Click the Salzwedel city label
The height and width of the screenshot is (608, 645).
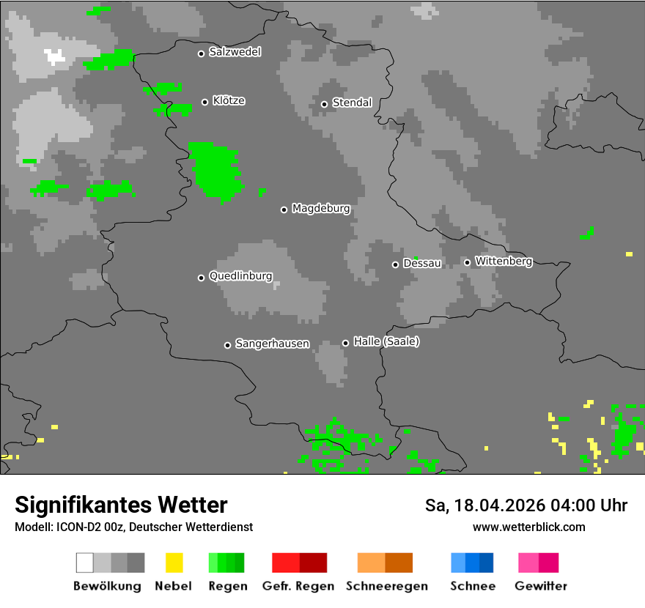click(235, 52)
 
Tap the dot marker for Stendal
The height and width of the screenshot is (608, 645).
click(324, 104)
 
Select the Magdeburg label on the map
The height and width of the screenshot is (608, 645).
click(320, 209)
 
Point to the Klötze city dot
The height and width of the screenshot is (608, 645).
click(204, 102)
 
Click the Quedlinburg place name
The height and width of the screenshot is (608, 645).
click(240, 276)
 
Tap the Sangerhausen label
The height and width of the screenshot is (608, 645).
click(272, 344)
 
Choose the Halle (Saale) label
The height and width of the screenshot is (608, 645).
click(386, 341)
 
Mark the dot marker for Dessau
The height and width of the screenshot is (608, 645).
click(395, 264)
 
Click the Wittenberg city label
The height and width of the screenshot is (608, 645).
click(504, 261)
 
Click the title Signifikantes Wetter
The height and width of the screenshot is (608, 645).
click(121, 505)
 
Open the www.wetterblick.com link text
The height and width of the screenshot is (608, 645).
click(528, 527)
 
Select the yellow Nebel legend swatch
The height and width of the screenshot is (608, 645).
click(174, 563)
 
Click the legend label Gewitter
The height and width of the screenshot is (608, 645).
click(541, 586)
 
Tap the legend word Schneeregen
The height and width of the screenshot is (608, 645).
click(386, 586)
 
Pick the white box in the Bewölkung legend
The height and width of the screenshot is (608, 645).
click(85, 563)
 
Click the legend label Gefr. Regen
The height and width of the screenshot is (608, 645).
click(298, 586)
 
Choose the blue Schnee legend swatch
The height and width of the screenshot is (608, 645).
click(472, 563)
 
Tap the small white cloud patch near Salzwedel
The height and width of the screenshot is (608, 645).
click(54, 56)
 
